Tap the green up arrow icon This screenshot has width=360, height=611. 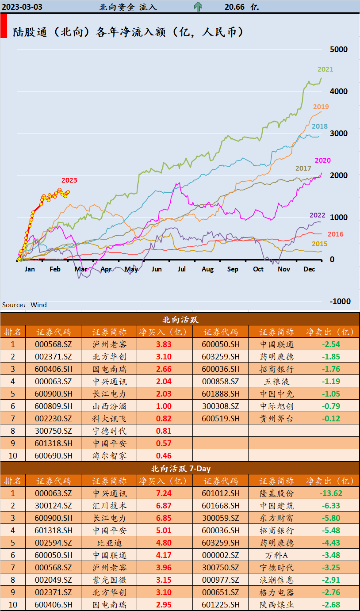[x=198, y=7]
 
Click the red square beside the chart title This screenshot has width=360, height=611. [x=4, y=26]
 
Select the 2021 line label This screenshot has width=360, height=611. [x=325, y=69]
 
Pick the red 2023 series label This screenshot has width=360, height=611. [x=69, y=180]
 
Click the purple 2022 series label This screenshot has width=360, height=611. [x=317, y=215]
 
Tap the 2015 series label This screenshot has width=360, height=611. [x=319, y=244]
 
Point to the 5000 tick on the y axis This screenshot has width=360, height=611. [x=339, y=50]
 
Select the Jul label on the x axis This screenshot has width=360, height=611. [x=182, y=269]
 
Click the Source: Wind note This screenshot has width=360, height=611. [x=24, y=305]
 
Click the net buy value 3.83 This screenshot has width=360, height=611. [x=164, y=344]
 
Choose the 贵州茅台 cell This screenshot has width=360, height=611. [x=276, y=419]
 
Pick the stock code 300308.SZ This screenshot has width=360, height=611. [x=220, y=406]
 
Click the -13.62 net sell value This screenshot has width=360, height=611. [x=331, y=493]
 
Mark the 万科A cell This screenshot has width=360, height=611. [x=276, y=555]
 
